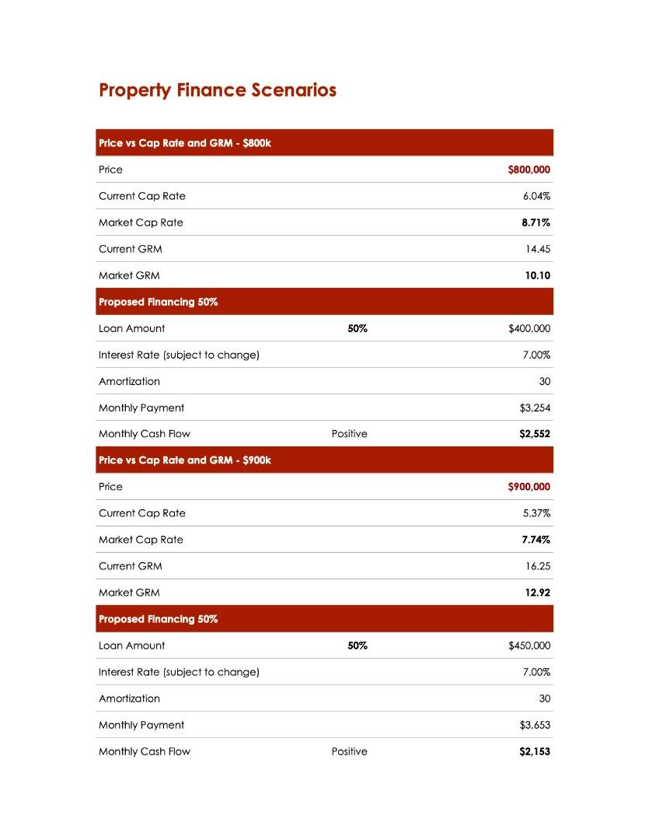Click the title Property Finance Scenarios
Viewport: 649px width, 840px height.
(x=218, y=90)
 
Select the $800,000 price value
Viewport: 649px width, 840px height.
(x=529, y=170)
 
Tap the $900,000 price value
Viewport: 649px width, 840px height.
(x=529, y=487)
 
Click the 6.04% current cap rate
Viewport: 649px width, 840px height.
(x=536, y=196)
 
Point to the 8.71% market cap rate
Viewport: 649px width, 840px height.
(x=536, y=222)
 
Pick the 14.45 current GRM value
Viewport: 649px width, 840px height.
(x=538, y=249)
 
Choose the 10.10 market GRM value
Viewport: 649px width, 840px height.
(x=537, y=275)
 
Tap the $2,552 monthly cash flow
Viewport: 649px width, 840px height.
(x=535, y=434)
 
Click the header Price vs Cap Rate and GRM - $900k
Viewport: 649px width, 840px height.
(x=185, y=460)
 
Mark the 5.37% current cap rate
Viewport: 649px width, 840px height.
(x=536, y=513)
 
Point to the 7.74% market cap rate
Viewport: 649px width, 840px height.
(x=536, y=540)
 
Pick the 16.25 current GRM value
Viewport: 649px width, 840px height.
(x=538, y=566)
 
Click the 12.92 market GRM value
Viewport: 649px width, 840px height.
(x=537, y=593)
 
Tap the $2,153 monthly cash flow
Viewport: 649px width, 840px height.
(x=535, y=751)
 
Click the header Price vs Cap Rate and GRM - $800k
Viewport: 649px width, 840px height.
(x=185, y=143)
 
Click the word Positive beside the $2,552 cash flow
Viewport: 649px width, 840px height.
(x=349, y=434)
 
